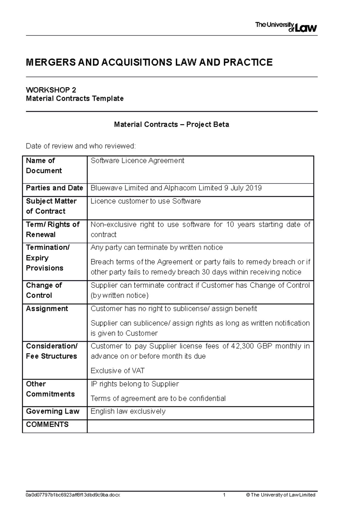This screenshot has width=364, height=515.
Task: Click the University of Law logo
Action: pyautogui.click(x=286, y=27)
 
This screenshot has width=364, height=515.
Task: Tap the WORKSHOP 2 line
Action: pyautogui.click(x=51, y=90)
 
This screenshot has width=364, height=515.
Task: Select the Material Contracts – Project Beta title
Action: pyautogui.click(x=171, y=124)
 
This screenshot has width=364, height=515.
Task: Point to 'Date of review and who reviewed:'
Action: pyautogui.click(x=81, y=146)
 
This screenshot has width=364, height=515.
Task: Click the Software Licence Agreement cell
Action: pyautogui.click(x=137, y=161)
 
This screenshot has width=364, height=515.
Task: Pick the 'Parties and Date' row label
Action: pyautogui.click(x=54, y=188)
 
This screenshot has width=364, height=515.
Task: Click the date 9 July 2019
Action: pyautogui.click(x=243, y=188)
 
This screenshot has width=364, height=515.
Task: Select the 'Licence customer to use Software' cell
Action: pyautogui.click(x=146, y=201)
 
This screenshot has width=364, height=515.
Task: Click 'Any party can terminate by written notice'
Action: pyautogui.click(x=157, y=247)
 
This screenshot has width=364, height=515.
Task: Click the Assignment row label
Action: pyautogui.click(x=47, y=309)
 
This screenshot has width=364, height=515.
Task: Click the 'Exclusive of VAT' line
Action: pyautogui.click(x=117, y=371)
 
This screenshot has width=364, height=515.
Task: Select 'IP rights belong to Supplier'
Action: pyautogui.click(x=135, y=384)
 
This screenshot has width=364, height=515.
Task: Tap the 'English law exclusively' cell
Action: pyautogui.click(x=128, y=411)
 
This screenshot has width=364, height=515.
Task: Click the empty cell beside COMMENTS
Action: pyautogui.click(x=200, y=426)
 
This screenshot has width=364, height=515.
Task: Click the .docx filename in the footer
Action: pyautogui.click(x=73, y=495)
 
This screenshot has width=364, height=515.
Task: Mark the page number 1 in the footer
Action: pyautogui.click(x=224, y=495)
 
